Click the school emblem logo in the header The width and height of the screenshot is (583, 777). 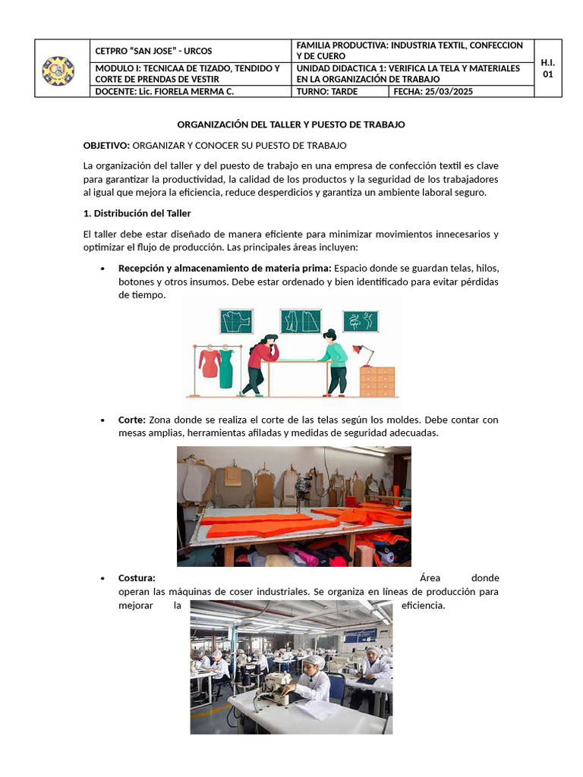(x=58, y=70)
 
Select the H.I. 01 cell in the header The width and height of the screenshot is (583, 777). (x=548, y=68)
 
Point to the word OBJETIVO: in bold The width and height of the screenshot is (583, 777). (x=106, y=145)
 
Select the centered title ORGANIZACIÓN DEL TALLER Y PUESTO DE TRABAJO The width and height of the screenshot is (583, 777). (x=291, y=124)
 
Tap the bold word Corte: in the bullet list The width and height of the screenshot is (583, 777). (x=132, y=420)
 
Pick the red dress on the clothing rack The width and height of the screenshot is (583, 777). (x=209, y=363)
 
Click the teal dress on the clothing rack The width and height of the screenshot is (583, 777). (x=226, y=369)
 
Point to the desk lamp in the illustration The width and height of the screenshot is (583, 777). (x=363, y=353)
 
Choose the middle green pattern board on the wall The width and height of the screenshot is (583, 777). (x=300, y=321)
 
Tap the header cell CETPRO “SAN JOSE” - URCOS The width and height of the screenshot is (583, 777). (x=153, y=51)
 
